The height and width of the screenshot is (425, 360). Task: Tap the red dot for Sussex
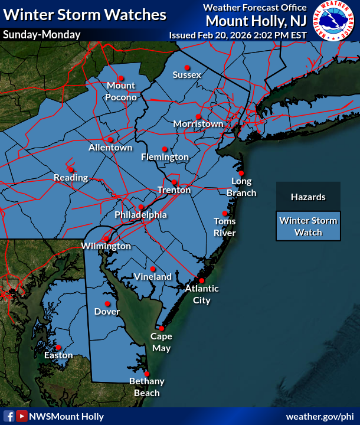[x=187, y=67]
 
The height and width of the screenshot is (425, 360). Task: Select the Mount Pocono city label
[x=122, y=92]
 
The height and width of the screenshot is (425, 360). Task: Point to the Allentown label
[x=110, y=147]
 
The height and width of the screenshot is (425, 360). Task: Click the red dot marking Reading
[x=71, y=169]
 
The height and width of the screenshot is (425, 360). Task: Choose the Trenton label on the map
[x=174, y=190]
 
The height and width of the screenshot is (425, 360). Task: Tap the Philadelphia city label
[x=140, y=215]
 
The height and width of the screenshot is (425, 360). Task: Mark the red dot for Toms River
[x=225, y=214]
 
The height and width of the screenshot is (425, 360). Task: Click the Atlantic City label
[x=202, y=294]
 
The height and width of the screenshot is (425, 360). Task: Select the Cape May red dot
[x=161, y=328]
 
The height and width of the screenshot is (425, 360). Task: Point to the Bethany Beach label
[x=147, y=387]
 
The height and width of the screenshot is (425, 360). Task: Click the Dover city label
[x=107, y=312]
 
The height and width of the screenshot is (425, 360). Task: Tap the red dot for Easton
[x=58, y=348]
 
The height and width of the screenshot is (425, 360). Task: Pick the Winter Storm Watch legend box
[x=309, y=227]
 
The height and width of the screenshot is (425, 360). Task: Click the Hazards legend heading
[x=308, y=197]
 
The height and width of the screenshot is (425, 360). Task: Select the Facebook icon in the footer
[x=9, y=416]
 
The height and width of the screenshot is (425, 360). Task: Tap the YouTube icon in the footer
[x=22, y=416]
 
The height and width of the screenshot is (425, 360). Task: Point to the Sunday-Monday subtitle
[x=41, y=35]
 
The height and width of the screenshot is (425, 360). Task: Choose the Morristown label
[x=198, y=124]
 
